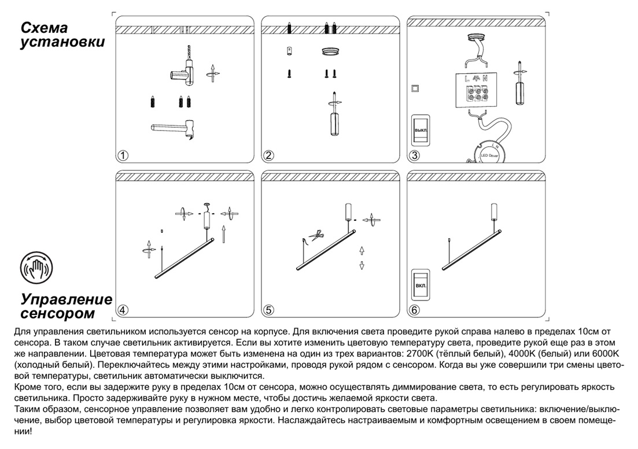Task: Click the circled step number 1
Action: pos(123,155)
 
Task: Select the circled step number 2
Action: pos(268,155)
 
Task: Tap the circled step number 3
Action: pos(414,155)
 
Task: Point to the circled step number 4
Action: pos(123,310)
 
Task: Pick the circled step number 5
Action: pos(268,310)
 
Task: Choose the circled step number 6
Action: pos(414,310)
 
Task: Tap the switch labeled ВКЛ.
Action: pos(420,285)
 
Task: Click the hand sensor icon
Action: pos(36,267)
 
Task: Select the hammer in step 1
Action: pos(174,129)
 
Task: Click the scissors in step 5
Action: pos(316,235)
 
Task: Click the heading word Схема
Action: pos(44,28)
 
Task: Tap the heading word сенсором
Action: pos(57,314)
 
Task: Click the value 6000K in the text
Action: pos(603,353)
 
